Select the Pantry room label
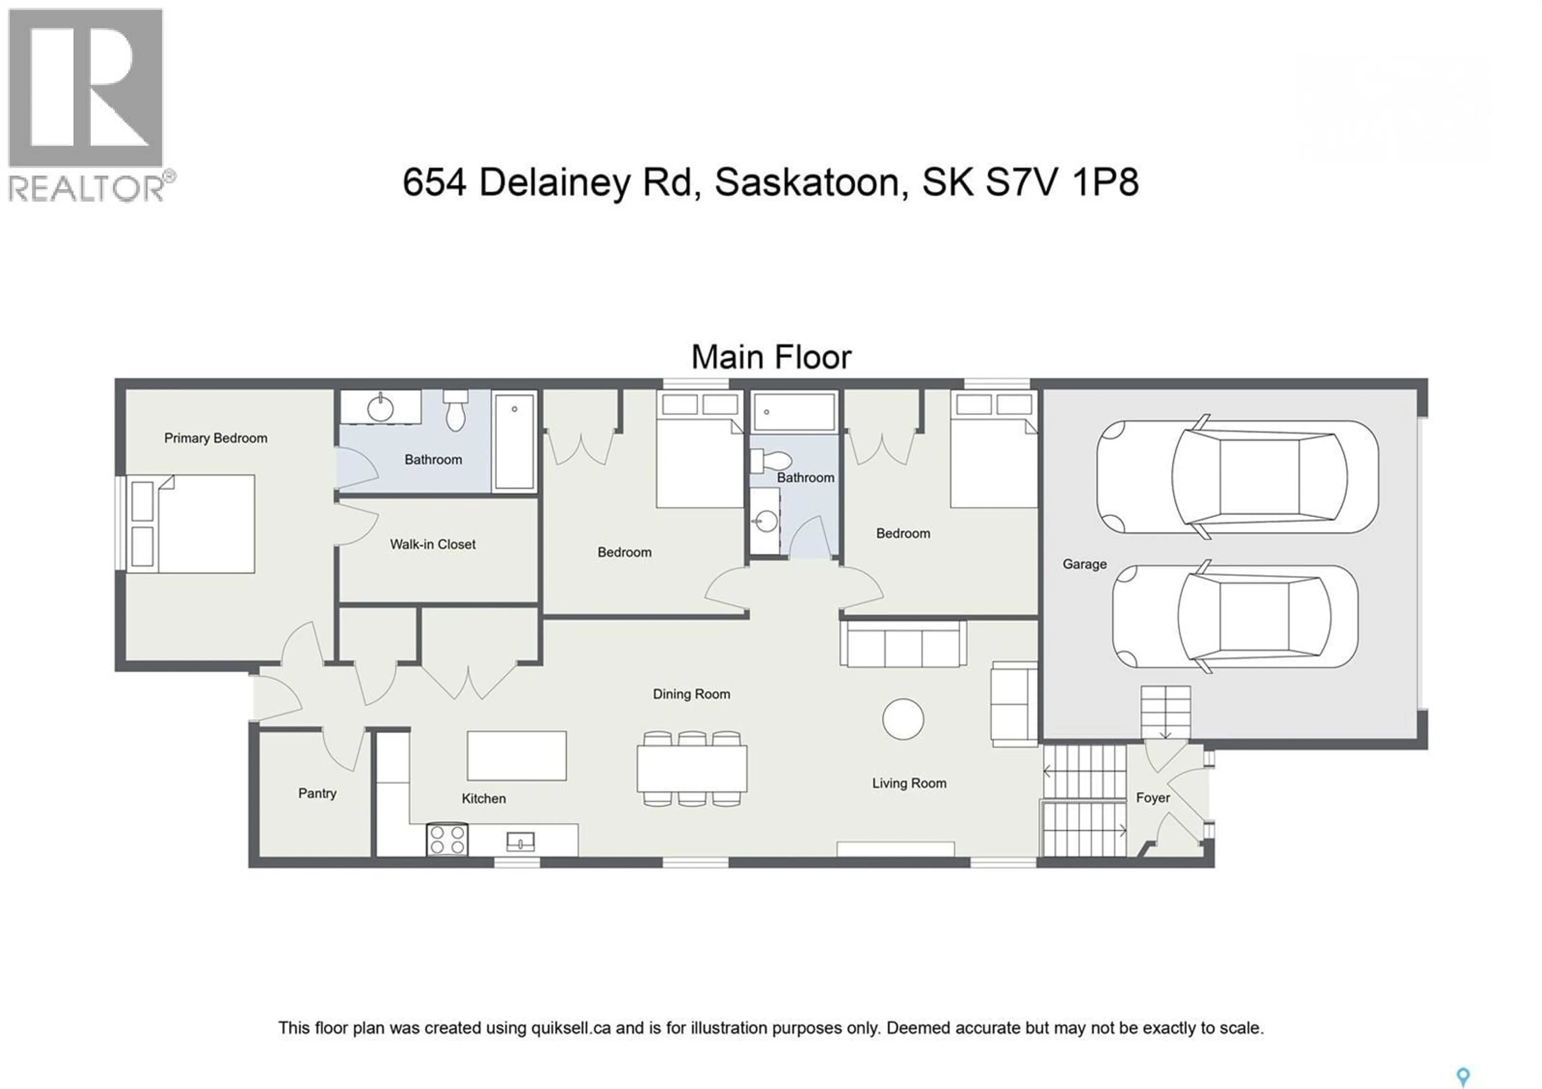[317, 793]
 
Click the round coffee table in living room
[903, 719]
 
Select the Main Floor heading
[771, 357]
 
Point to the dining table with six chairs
[692, 769]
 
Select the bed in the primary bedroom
[192, 524]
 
